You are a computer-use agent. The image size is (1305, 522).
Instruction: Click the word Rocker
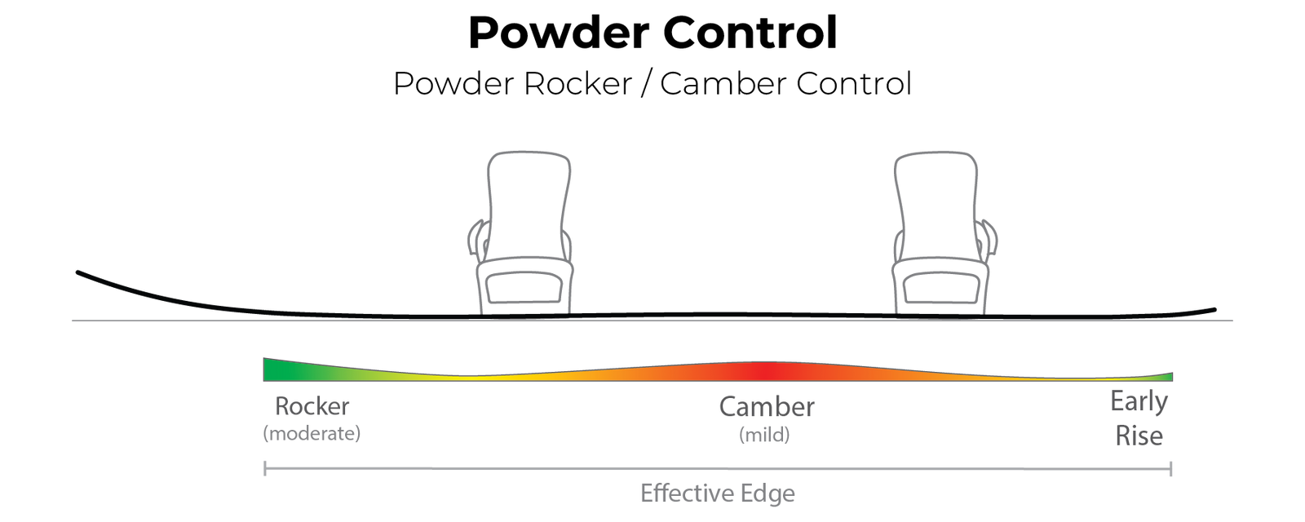coord(312,407)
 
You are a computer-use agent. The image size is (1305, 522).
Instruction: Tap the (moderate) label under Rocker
coord(312,434)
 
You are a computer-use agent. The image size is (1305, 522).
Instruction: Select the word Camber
coord(767,407)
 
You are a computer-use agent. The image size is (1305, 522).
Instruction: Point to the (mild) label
coord(764,436)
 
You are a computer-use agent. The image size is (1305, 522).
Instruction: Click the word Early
coord(1139,403)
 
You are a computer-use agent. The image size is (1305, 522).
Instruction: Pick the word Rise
coord(1139,436)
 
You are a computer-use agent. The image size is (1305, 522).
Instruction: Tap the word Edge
coord(767,493)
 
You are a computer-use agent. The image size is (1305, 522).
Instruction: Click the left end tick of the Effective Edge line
coord(263,468)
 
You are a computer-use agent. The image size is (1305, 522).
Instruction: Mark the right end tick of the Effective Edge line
coord(1172,468)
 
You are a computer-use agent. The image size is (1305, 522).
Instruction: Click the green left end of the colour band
coord(273,369)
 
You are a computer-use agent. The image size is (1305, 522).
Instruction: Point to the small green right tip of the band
coord(1169,377)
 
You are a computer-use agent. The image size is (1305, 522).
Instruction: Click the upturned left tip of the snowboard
coord(78,272)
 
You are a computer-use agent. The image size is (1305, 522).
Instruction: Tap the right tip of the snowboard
coord(1214,309)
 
